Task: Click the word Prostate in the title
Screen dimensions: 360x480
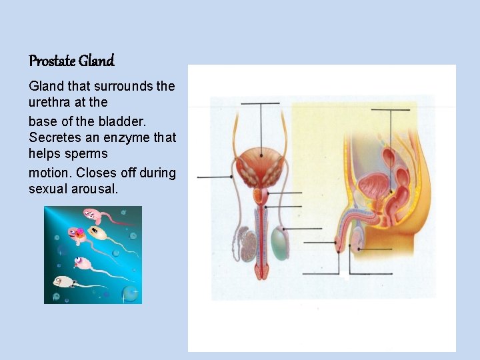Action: (52, 61)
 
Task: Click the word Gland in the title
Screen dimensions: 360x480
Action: (97, 61)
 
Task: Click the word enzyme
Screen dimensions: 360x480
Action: (129, 137)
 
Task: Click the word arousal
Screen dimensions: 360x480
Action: (95, 189)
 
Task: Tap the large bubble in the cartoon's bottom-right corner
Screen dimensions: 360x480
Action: (131, 293)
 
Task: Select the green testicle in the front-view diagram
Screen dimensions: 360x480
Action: (280, 244)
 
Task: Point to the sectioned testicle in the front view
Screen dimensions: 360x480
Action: (248, 245)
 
